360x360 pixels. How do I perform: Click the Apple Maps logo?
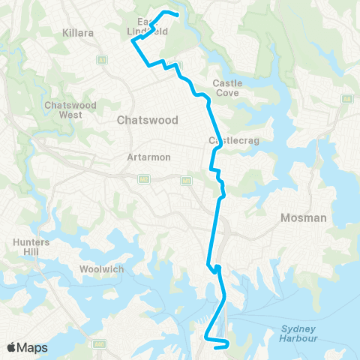[27, 347]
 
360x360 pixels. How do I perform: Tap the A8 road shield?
[346, 98]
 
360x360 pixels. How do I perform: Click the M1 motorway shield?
[184, 180]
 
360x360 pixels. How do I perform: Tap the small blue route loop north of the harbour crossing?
[216, 268]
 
